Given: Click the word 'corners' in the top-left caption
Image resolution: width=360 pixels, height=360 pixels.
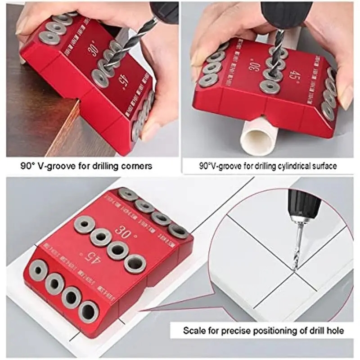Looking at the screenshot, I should pos(135,166).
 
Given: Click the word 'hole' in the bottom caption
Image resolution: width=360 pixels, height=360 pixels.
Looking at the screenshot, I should pos(334,331).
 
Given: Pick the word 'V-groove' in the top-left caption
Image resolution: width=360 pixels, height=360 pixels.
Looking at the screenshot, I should pos(57,166).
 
